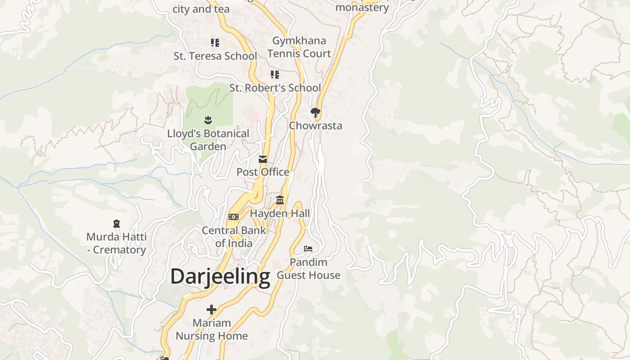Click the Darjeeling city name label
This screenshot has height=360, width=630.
(220, 276)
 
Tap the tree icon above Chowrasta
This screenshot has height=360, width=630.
(315, 112)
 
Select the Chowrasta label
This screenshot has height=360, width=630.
(315, 126)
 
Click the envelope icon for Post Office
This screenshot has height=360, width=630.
(263, 159)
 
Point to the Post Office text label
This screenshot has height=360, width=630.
(263, 172)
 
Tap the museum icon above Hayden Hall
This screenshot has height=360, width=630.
(280, 200)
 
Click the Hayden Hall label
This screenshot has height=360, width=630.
(280, 213)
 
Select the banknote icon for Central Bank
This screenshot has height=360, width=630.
(233, 217)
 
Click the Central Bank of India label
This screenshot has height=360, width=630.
(234, 237)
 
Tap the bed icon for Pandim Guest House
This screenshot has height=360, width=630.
(308, 248)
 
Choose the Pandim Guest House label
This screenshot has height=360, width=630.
(308, 269)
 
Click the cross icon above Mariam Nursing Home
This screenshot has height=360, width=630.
(211, 310)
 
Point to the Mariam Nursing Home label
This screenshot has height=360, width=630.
(211, 329)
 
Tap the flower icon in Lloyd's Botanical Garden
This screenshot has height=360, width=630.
(208, 120)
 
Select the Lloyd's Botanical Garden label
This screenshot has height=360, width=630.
(208, 140)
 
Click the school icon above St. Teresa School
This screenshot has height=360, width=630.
(215, 43)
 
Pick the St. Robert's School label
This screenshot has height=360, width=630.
(275, 88)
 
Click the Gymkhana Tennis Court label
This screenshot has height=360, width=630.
(299, 47)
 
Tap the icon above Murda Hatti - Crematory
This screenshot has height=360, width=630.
(117, 224)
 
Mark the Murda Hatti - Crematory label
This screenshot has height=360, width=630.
(117, 243)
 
